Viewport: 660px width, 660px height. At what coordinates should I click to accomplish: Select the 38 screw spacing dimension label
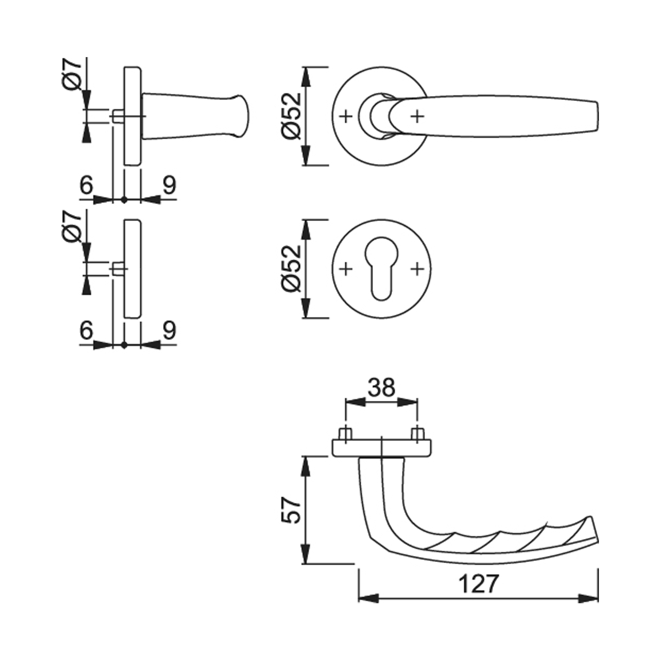click(x=381, y=387)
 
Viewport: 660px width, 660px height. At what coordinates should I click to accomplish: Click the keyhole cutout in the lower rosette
click(x=381, y=269)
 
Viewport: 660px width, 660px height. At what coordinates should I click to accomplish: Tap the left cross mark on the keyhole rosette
click(x=346, y=269)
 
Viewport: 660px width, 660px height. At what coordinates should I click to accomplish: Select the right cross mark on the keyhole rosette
click(x=417, y=269)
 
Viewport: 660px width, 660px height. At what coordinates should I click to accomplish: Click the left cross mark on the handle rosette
click(x=346, y=116)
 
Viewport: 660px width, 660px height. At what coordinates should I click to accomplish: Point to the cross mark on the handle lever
click(x=417, y=116)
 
